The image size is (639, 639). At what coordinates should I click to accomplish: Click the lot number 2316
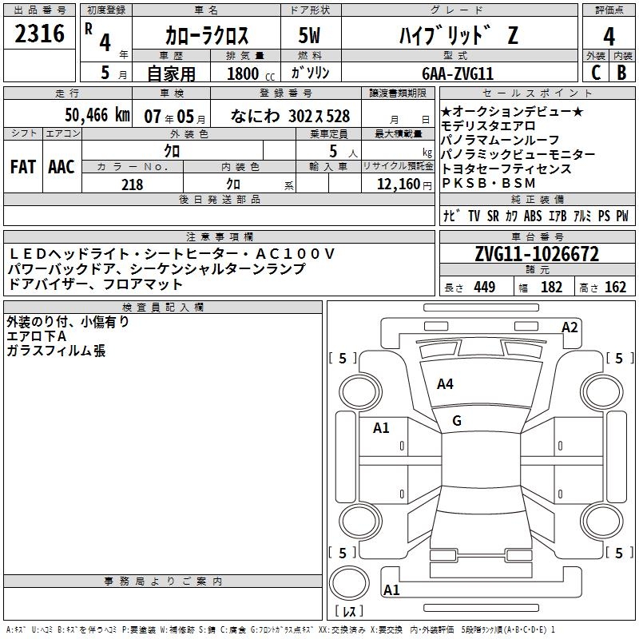(39, 34)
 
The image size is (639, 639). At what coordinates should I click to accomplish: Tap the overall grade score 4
(609, 37)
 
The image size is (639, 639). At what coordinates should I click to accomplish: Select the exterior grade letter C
(596, 73)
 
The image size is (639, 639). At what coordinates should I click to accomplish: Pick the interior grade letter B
(622, 73)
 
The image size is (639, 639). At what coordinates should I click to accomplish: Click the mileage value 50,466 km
(97, 115)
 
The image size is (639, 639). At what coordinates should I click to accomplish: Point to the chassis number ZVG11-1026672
(537, 254)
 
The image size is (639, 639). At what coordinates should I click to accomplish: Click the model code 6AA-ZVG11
(458, 73)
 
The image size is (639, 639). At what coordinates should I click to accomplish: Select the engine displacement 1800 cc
(251, 73)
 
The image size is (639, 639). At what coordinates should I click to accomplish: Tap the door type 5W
(309, 35)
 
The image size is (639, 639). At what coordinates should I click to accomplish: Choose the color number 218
(132, 185)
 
